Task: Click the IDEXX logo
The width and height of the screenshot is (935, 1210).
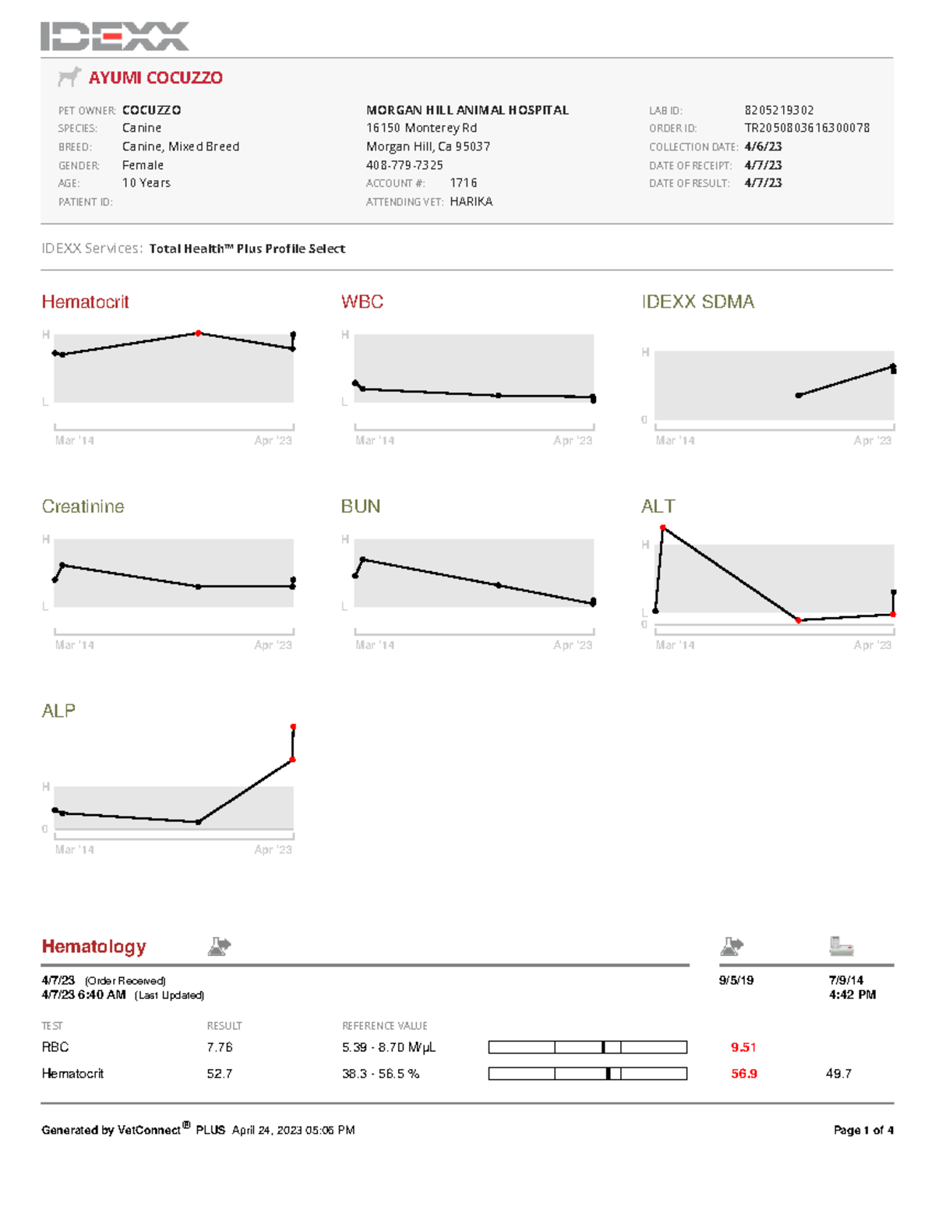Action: click(115, 36)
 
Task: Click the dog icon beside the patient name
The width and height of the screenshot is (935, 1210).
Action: click(69, 77)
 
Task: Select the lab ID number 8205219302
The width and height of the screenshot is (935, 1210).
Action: click(778, 111)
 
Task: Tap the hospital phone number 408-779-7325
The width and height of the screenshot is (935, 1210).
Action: click(404, 165)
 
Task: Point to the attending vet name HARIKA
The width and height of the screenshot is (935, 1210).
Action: click(471, 202)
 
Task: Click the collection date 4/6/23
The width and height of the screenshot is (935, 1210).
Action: click(763, 146)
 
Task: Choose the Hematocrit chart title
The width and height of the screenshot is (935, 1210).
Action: click(85, 302)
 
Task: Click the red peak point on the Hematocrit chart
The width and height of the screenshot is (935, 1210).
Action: click(199, 333)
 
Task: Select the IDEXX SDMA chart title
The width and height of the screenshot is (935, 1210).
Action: click(697, 302)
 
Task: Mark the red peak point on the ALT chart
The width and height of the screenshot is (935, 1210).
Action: click(663, 528)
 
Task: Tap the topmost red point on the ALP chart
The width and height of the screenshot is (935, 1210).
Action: click(293, 727)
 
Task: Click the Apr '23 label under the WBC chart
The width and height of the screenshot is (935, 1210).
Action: click(573, 441)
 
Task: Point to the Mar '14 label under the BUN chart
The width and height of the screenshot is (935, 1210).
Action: click(375, 645)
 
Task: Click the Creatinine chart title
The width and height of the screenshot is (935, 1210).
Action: click(83, 507)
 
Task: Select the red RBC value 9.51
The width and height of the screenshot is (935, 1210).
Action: click(743, 1047)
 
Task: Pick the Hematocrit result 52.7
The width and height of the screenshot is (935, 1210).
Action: click(219, 1074)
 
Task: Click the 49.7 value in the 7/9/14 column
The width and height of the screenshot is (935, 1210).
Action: click(838, 1074)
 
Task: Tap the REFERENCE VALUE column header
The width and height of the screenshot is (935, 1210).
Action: click(384, 1026)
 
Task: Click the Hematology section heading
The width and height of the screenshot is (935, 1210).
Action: click(93, 947)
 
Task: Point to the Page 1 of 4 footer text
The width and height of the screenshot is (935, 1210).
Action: click(863, 1131)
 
